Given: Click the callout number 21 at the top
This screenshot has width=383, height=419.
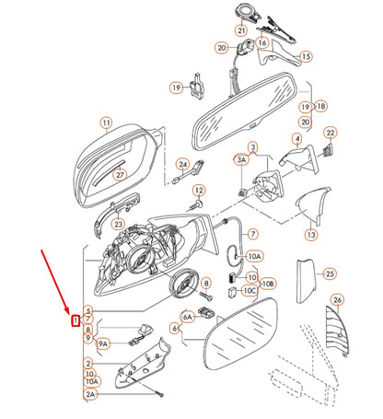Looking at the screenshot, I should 241,31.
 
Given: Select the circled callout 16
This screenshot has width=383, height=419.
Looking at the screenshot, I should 261,42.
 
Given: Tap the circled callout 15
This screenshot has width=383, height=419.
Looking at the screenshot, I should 306,56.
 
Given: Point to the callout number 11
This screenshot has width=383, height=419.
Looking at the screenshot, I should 106,122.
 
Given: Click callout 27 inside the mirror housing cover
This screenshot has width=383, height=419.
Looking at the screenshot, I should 119,173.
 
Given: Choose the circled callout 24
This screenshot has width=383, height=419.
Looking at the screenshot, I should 182,166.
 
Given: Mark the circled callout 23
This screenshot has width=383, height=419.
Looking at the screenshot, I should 118,223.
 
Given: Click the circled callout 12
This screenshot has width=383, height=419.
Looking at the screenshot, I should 197,192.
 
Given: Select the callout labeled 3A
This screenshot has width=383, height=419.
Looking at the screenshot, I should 241,160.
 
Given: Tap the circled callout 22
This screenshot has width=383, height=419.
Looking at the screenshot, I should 330,134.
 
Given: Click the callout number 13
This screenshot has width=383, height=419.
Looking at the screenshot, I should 311,236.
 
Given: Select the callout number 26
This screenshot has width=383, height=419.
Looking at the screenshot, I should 337,299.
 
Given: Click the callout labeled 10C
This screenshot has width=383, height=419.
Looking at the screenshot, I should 250,290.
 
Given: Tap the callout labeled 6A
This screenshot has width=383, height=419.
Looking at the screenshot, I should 188,316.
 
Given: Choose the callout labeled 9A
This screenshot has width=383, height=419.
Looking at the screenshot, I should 102,343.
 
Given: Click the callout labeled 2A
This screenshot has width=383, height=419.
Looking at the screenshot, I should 90,395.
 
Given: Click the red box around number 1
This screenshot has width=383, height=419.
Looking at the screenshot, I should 76,320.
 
